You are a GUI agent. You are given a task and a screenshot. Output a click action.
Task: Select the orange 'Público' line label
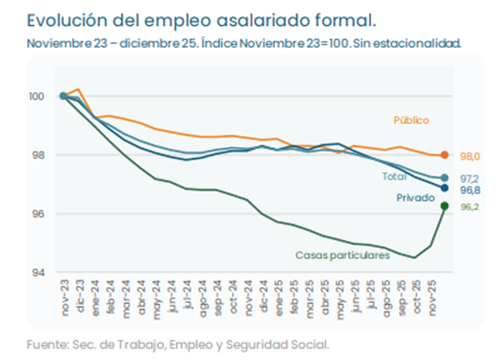coord(411,120)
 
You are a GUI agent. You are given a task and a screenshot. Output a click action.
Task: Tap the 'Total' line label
coord(394,176)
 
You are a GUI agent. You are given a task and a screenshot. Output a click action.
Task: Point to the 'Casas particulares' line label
coord(342,254)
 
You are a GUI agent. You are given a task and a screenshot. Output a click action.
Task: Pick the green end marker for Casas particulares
coord(444,206)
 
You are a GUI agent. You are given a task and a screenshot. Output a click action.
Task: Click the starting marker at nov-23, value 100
coord(63,96)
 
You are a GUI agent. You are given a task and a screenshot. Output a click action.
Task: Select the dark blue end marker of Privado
coord(444,188)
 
